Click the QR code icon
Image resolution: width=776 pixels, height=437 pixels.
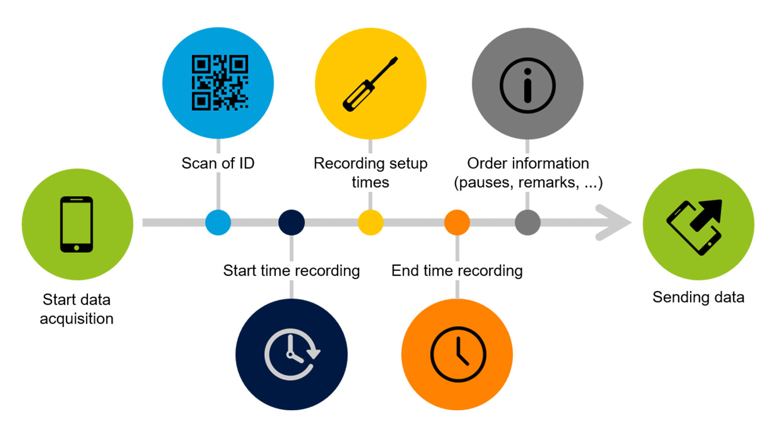(x=220, y=83)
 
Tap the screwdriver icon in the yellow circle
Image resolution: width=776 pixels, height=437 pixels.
(x=370, y=84)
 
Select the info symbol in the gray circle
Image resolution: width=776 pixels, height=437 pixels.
(x=527, y=85)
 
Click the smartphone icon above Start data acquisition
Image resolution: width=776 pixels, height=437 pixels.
(x=77, y=224)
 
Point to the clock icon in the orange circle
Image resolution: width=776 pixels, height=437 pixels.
(x=458, y=354)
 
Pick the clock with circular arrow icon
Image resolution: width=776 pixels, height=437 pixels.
(x=291, y=354)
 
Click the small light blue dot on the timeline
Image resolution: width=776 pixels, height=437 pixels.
(x=218, y=222)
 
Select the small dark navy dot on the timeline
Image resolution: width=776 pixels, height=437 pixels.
(x=291, y=222)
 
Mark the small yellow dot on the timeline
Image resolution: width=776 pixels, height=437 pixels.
(x=371, y=222)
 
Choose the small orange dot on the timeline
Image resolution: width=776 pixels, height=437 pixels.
(x=457, y=222)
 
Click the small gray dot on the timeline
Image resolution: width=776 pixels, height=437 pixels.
(x=528, y=222)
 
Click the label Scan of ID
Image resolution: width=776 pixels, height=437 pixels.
(x=218, y=163)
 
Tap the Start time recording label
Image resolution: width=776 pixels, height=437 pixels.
(x=291, y=270)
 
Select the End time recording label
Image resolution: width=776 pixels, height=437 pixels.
(x=457, y=270)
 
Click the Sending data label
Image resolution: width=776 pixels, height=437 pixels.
(x=698, y=297)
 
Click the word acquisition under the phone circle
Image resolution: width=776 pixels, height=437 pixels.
(x=77, y=319)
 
